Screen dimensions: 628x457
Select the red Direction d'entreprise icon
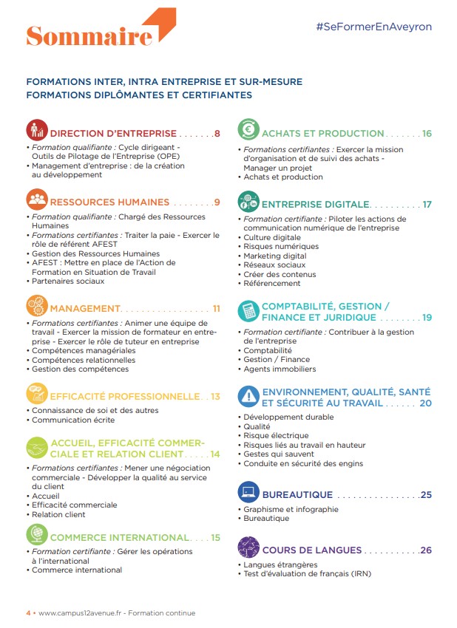tap(37, 130)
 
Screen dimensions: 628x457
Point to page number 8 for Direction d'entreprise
tap(217, 134)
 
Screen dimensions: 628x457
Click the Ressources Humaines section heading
tap(109, 202)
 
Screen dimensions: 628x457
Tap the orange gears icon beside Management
tap(37, 304)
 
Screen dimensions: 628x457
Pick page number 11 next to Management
tap(216, 308)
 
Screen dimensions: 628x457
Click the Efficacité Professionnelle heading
tap(124, 396)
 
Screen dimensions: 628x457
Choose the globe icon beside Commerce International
tap(37, 533)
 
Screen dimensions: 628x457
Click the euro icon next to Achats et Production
tap(248, 130)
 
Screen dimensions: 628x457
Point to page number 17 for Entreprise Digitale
tap(427, 204)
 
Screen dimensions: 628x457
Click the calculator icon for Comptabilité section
tap(248, 310)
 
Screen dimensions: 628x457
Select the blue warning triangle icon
tap(248, 397)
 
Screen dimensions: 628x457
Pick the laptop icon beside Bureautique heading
tap(248, 492)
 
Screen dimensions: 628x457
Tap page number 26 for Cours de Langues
tap(425, 550)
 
